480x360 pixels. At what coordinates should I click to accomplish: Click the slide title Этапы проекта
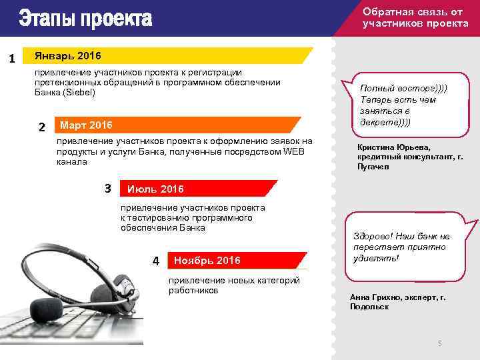click(85, 18)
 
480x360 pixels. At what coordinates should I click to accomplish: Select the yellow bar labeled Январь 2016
click(167, 55)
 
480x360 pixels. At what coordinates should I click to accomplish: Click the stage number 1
click(12, 59)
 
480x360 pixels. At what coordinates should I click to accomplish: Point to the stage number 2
click(42, 127)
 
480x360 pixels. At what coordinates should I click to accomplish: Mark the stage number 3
click(108, 188)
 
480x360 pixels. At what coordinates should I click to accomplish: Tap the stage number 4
click(156, 261)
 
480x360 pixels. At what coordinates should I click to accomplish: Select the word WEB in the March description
click(293, 151)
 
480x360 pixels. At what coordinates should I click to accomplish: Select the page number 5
click(439, 343)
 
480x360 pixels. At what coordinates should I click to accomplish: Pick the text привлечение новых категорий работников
click(233, 285)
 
